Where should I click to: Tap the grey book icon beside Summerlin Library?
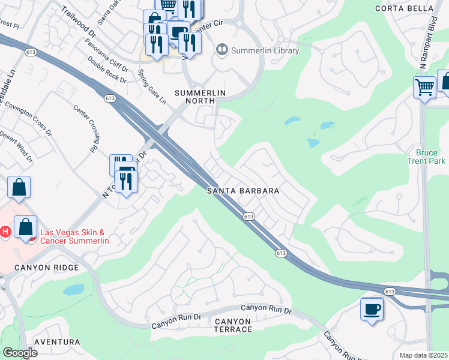[222, 50]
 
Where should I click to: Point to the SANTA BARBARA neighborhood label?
[243, 191]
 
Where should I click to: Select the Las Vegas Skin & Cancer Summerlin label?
[74, 236]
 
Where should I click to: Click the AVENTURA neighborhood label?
[57, 342]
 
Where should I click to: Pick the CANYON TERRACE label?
[233, 326]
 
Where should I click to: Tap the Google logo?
[20, 353]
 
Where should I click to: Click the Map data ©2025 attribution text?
[424, 355]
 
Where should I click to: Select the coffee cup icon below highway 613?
[372, 309]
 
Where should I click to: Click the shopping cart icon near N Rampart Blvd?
[424, 87]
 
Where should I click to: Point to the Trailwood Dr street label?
[79, 22]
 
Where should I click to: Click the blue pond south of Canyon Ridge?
[74, 290]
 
